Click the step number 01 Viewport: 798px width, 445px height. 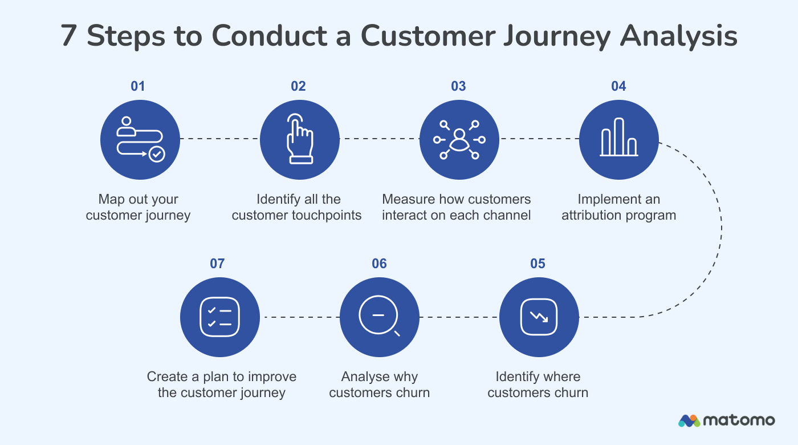coord(138,86)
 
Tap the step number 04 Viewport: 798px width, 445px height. coord(618,86)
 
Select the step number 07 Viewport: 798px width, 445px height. coord(217,264)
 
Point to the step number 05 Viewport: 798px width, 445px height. coord(538,264)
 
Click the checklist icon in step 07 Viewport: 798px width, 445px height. coord(219,317)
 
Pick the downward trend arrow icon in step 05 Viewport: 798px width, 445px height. coord(539,317)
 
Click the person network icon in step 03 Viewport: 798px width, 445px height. coord(459,139)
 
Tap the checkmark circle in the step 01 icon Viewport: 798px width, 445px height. coord(156,154)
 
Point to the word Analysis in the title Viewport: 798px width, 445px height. coord(679,37)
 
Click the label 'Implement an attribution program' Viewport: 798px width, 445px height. coord(618,207)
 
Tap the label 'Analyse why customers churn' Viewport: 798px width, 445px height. coord(379,385)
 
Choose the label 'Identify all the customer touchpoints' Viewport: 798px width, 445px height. coord(297,207)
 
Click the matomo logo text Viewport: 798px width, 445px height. coord(739,420)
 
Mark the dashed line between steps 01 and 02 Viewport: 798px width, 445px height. coord(219,139)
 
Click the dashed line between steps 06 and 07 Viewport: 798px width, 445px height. coord(299,317)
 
